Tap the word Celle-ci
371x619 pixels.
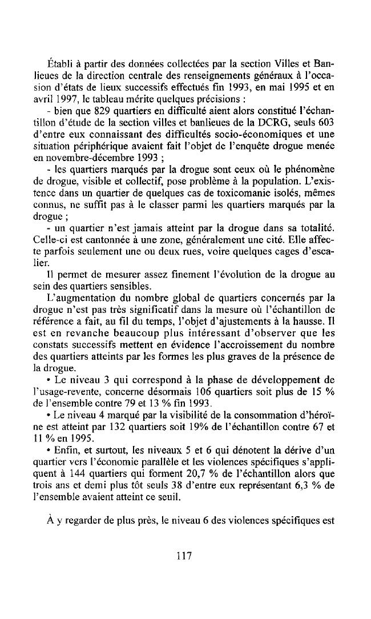[x=58, y=258]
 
